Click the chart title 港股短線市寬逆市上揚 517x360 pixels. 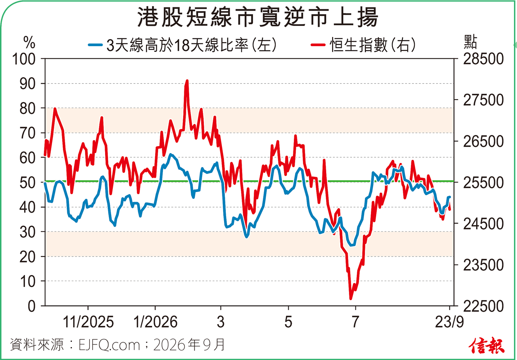257,17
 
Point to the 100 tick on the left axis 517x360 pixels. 24,59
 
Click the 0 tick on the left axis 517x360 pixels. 31,306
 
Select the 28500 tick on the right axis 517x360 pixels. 483,59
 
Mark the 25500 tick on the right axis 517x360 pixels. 483,182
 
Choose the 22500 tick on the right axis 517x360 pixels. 483,306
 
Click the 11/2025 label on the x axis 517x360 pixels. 88,322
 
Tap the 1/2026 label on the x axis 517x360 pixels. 156,322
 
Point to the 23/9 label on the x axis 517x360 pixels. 449,322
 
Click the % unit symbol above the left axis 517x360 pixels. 29,42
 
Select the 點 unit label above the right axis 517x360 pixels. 470,42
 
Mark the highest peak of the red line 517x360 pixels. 187,81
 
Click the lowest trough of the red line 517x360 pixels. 351,299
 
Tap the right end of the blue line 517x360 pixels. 450,197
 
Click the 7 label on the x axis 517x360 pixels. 355,322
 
